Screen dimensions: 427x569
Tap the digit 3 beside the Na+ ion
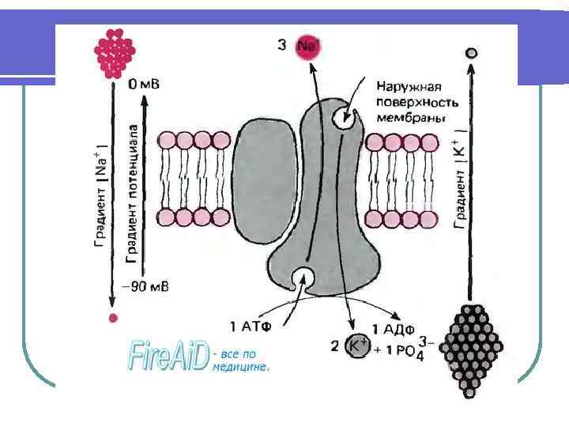pyautogui.click(x=282, y=45)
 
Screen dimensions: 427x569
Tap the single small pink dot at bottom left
pyautogui.click(x=114, y=318)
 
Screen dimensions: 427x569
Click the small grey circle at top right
pyautogui.click(x=472, y=53)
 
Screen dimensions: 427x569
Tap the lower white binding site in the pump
pyautogui.click(x=303, y=277)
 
